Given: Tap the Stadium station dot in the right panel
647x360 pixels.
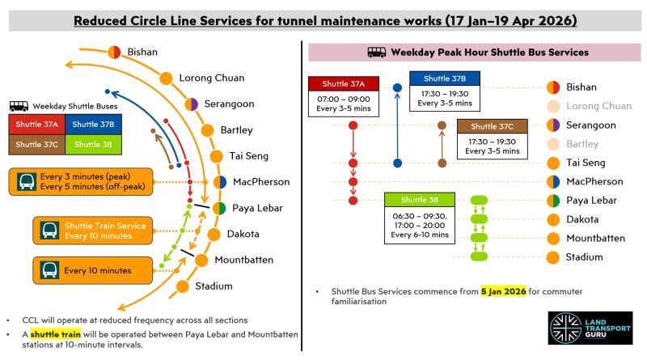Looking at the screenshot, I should point(553,257).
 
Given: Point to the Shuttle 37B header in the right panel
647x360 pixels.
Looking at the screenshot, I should point(444,78).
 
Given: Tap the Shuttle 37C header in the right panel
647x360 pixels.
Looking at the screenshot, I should point(493,126).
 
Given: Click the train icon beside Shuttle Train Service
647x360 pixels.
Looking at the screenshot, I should point(49,230).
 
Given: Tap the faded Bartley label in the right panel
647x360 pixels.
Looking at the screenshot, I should point(585,144).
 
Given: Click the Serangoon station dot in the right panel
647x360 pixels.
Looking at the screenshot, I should point(553,125).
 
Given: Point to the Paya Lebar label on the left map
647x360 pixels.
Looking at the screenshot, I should point(257,208).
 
